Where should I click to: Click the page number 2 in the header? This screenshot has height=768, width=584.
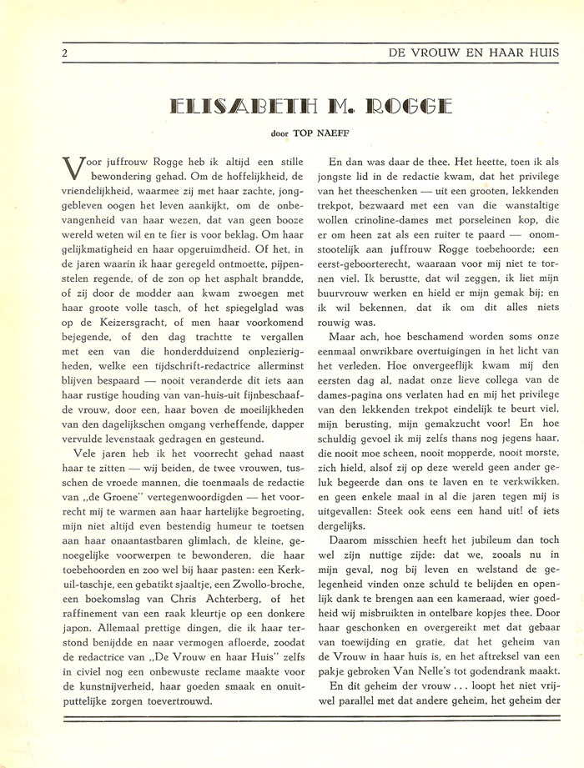(63, 53)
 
